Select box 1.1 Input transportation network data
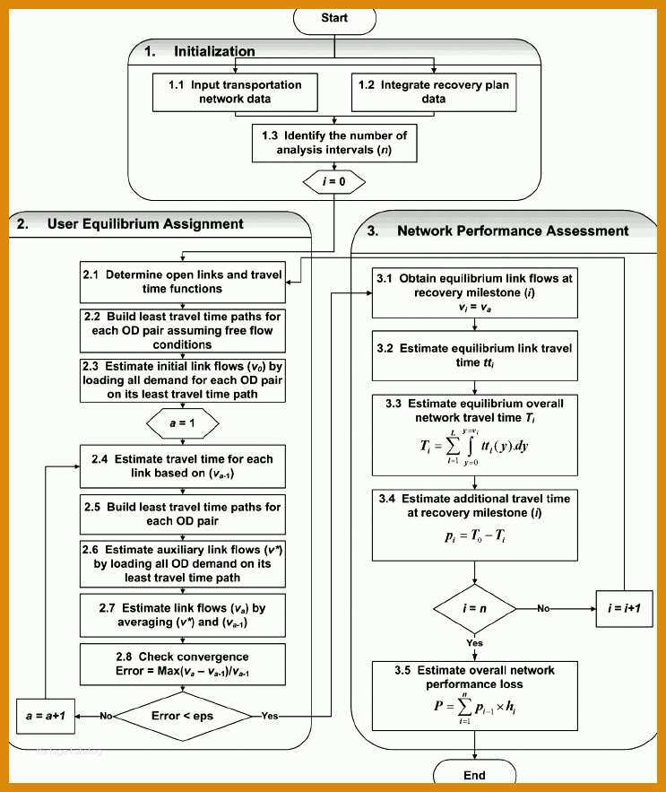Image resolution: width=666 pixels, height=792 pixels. pyautogui.click(x=235, y=92)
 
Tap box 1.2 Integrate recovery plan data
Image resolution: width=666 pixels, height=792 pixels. pyautogui.click(x=434, y=92)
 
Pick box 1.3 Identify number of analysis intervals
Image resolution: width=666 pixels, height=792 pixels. pyautogui.click(x=334, y=143)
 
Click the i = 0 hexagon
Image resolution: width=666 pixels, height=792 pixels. pyautogui.click(x=334, y=182)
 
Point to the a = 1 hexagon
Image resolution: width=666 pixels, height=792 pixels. pyautogui.click(x=182, y=423)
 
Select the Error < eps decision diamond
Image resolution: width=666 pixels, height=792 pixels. pyautogui.click(x=182, y=716)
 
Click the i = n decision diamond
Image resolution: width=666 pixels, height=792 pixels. pyautogui.click(x=475, y=609)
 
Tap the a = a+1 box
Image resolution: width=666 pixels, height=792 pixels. pyautogui.click(x=46, y=716)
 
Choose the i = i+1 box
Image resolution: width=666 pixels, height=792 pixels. pyautogui.click(x=625, y=609)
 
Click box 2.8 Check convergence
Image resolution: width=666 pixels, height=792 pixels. pyautogui.click(x=182, y=665)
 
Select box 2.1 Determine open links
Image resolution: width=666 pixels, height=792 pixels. pyautogui.click(x=182, y=282)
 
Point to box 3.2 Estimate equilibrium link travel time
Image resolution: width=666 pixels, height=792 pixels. pyautogui.click(x=475, y=355)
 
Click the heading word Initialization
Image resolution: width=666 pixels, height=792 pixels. pyautogui.click(x=214, y=51)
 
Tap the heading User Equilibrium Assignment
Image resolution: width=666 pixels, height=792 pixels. pyautogui.click(x=145, y=223)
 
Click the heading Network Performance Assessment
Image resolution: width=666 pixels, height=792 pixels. pyautogui.click(x=513, y=231)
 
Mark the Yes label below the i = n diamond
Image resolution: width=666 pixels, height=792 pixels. pyautogui.click(x=475, y=643)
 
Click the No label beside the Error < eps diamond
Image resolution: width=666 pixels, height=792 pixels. pyautogui.click(x=106, y=716)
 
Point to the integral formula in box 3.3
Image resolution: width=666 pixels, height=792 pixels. pyautogui.click(x=474, y=447)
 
